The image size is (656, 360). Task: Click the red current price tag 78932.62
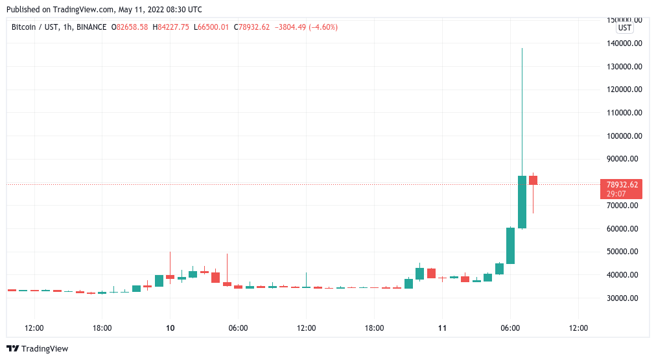coord(620,185)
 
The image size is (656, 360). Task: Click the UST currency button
coord(624,28)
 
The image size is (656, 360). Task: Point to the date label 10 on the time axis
coord(170,328)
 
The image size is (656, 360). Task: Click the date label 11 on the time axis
coord(442,328)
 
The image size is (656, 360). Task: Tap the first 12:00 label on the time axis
coord(34,328)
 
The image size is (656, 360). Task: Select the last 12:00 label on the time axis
coord(578,328)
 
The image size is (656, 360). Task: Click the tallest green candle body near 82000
coord(522,202)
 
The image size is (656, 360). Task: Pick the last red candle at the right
coord(533,180)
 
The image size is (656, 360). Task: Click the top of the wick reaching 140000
coord(522,49)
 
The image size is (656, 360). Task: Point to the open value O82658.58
coord(129,27)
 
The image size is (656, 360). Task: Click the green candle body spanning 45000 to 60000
coord(510,245)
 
